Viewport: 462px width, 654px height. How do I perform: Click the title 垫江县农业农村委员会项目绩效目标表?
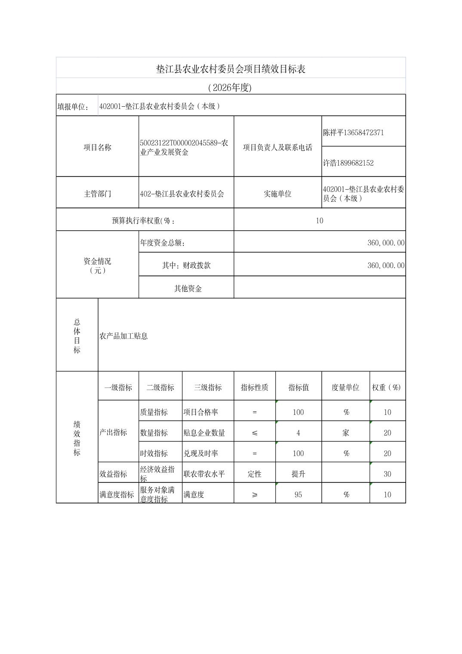pyautogui.click(x=231, y=69)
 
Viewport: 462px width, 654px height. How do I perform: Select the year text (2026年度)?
pyautogui.click(x=230, y=88)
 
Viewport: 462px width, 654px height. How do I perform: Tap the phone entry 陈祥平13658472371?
pyautogui.click(x=353, y=133)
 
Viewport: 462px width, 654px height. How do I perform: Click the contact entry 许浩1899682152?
pyautogui.click(x=348, y=163)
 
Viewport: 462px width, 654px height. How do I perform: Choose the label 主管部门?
pyautogui.click(x=97, y=194)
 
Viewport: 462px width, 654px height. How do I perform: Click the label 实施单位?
pyautogui.click(x=277, y=194)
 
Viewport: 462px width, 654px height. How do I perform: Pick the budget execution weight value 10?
pyautogui.click(x=319, y=221)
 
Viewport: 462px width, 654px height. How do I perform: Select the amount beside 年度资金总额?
pyautogui.click(x=385, y=243)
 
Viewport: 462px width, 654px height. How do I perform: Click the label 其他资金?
pyautogui.click(x=188, y=289)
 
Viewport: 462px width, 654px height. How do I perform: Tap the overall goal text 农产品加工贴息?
pyautogui.click(x=123, y=336)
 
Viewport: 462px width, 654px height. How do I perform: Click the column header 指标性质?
pyautogui.click(x=254, y=387)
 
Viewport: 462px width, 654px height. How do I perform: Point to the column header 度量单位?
pyautogui.click(x=345, y=387)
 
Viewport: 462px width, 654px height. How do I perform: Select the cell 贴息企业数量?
pyautogui.click(x=204, y=433)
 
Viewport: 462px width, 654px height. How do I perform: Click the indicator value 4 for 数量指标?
pyautogui.click(x=298, y=433)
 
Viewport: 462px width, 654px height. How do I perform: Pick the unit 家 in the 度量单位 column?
pyautogui.click(x=345, y=433)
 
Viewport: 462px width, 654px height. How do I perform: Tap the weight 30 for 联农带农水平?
pyautogui.click(x=387, y=474)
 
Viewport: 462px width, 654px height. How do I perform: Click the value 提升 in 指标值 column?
pyautogui.click(x=298, y=474)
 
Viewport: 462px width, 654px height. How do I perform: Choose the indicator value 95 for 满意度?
pyautogui.click(x=298, y=495)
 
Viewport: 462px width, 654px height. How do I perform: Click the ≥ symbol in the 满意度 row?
pyautogui.click(x=255, y=495)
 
